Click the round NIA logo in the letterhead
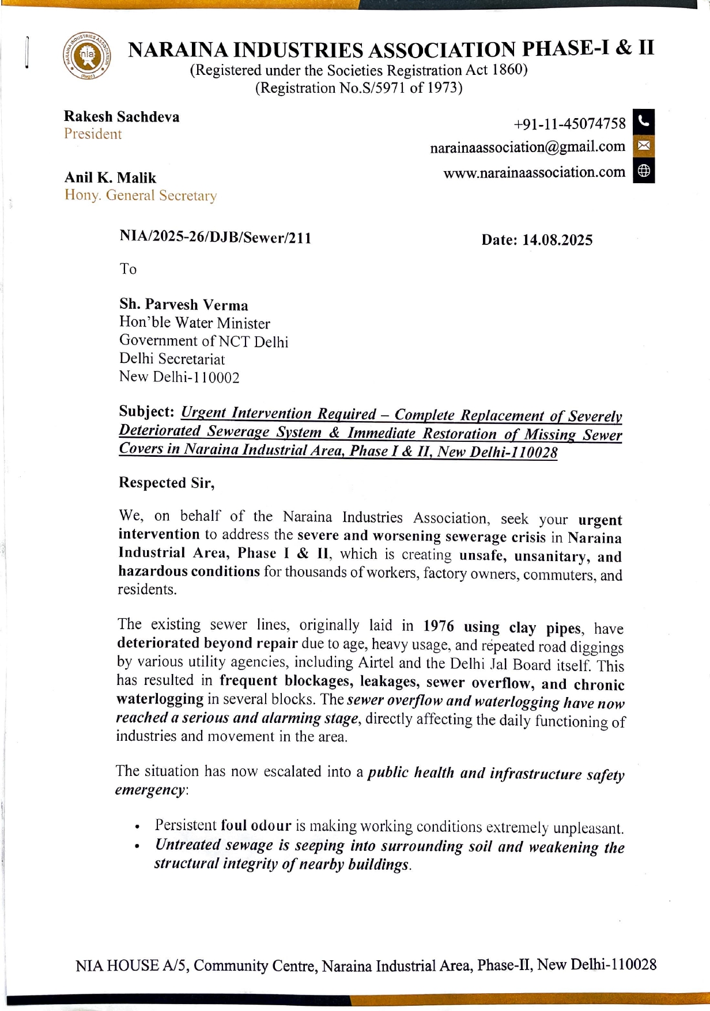(87, 56)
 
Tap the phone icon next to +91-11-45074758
(644, 121)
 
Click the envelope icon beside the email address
(644, 145)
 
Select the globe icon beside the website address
(644, 171)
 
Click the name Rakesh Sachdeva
(122, 117)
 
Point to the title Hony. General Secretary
(141, 195)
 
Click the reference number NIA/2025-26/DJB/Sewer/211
(215, 237)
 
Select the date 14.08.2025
(557, 240)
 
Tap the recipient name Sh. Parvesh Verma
(183, 305)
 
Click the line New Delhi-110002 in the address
(179, 377)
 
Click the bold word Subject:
(146, 411)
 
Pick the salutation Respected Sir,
(167, 483)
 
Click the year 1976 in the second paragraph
(439, 626)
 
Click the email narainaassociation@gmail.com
(527, 147)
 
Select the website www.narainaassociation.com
(534, 172)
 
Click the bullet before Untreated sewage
(137, 847)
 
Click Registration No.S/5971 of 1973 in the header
(358, 88)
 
